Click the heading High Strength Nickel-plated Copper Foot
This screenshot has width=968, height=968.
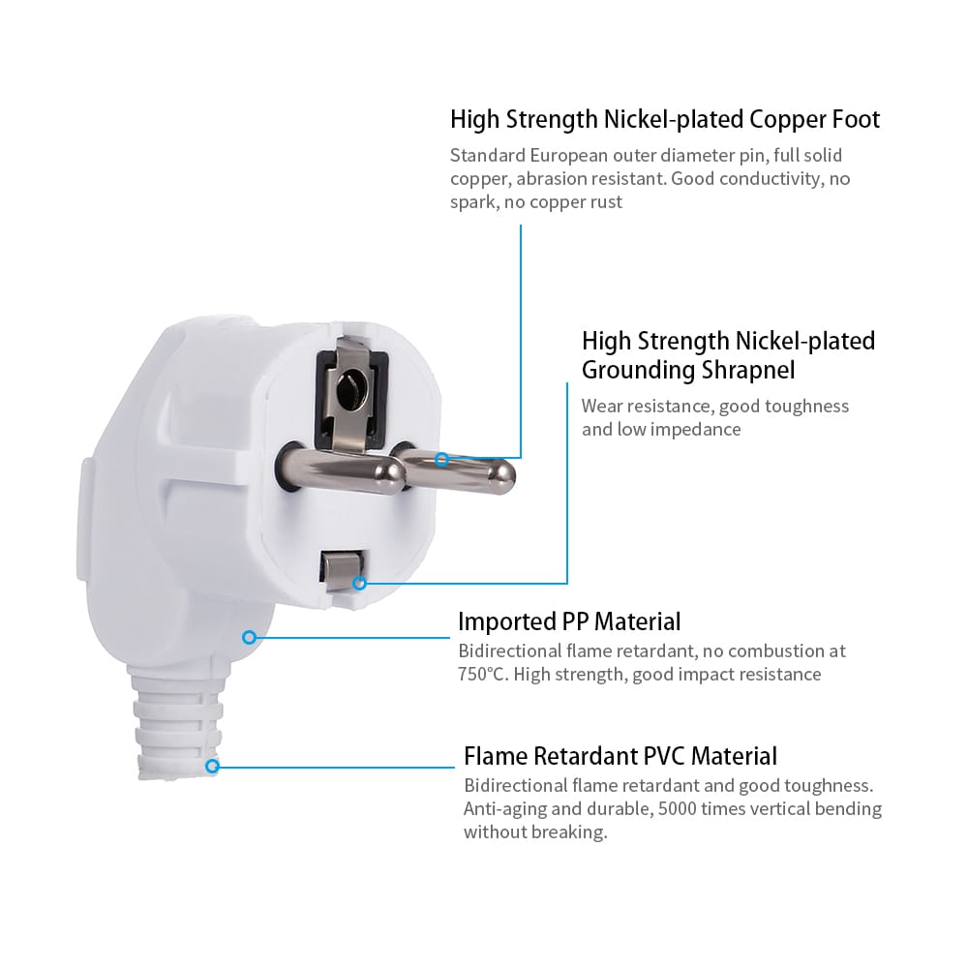click(x=665, y=120)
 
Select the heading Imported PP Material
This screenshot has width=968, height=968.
click(x=569, y=621)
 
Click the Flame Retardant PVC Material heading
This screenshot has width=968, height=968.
click(x=620, y=756)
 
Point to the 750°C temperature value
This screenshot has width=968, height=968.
click(x=482, y=675)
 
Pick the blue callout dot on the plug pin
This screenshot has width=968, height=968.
click(x=441, y=459)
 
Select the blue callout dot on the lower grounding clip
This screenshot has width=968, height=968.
click(x=359, y=583)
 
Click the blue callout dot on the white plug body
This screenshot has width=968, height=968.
click(x=249, y=637)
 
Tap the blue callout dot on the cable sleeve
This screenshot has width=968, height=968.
click(x=212, y=766)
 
